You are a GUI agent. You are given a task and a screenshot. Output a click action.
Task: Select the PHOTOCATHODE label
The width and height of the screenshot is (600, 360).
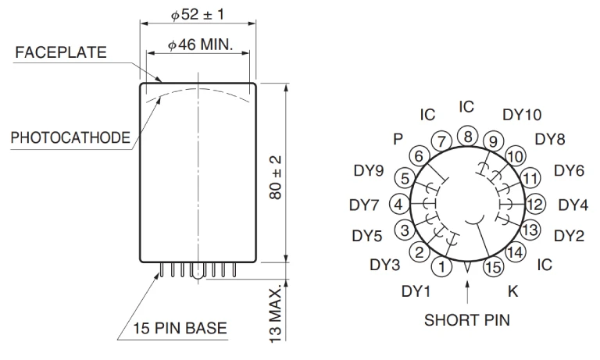point(70,138)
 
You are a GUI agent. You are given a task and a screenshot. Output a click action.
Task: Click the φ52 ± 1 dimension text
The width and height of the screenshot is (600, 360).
point(198,15)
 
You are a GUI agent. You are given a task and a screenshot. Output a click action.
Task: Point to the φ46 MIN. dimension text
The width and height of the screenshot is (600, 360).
point(200,45)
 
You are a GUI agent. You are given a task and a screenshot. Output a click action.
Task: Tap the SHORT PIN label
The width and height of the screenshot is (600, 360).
point(466,319)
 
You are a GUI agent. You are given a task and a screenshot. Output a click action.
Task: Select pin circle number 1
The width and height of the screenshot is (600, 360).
point(443,267)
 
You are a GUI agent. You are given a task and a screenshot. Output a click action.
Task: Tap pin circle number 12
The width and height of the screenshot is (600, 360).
point(535,205)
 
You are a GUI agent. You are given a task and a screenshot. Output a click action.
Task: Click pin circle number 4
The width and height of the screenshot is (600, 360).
point(398,205)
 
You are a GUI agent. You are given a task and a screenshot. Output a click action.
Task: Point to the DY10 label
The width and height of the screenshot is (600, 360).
point(521,115)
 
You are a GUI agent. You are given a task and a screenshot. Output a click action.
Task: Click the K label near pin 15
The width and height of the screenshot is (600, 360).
point(512,291)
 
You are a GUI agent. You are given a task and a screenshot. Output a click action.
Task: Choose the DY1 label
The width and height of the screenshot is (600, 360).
point(416,291)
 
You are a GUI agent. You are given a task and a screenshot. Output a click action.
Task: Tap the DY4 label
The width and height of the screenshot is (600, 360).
point(573,205)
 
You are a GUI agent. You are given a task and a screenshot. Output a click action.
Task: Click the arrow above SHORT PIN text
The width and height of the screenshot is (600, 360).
point(466,293)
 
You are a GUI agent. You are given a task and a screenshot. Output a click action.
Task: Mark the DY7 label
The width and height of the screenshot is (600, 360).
point(363,205)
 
